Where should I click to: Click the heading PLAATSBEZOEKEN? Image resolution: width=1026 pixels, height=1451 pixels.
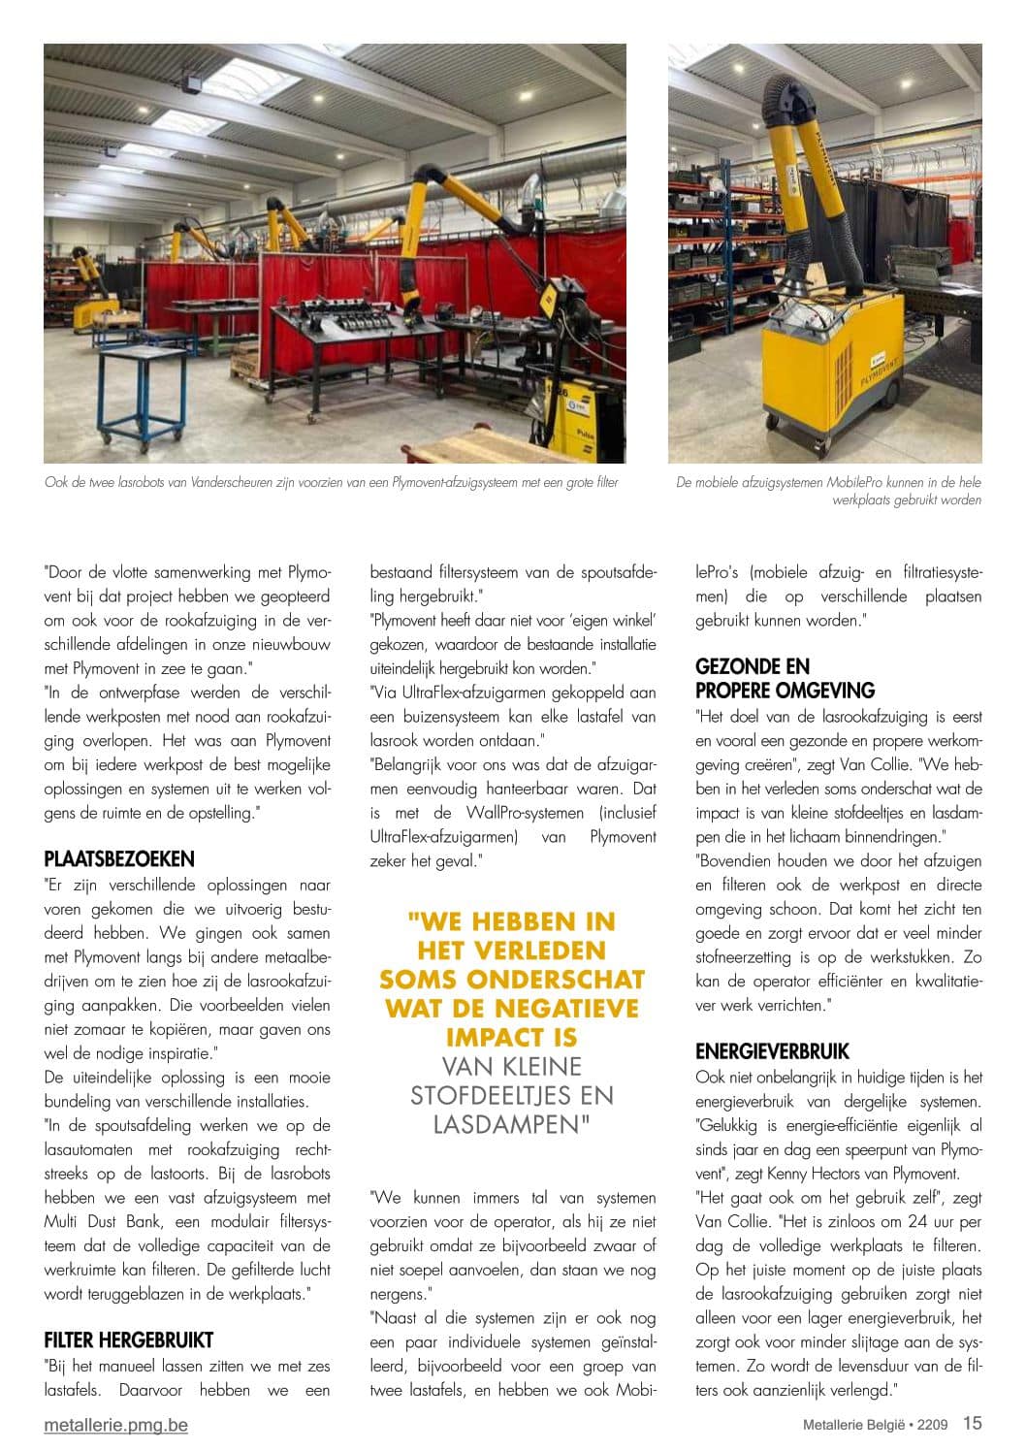click(x=119, y=858)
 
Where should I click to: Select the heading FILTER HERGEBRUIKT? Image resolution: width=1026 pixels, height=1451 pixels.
click(x=128, y=1339)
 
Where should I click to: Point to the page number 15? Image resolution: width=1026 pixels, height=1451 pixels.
click(x=972, y=1423)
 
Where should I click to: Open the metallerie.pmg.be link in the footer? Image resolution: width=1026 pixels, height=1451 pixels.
click(x=116, y=1425)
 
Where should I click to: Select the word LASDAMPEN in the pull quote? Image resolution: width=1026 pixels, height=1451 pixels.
click(x=512, y=1124)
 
